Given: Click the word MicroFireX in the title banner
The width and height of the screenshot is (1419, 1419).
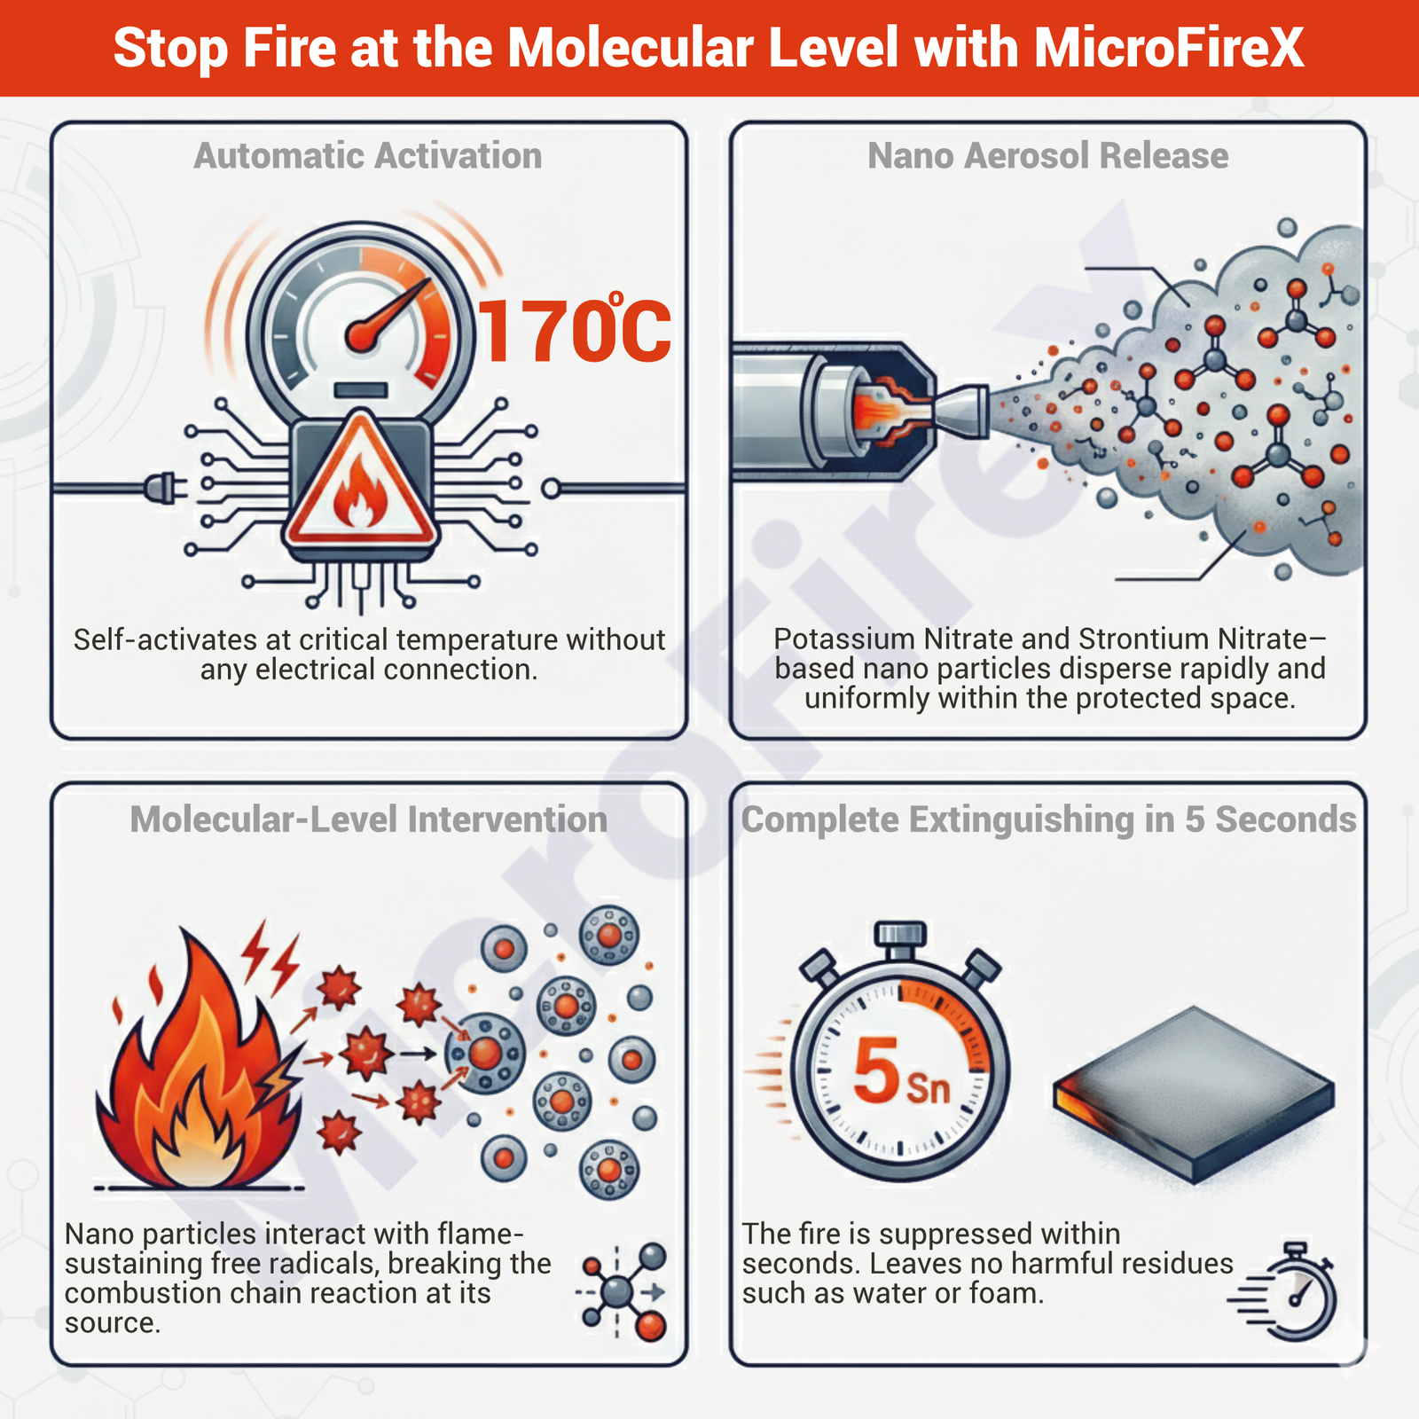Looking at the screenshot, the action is (1169, 48).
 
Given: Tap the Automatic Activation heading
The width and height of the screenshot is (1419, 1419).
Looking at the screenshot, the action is (368, 156).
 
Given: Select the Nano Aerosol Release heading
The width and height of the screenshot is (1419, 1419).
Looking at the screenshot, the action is (1048, 156).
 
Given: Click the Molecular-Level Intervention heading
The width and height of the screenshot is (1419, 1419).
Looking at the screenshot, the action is (369, 819).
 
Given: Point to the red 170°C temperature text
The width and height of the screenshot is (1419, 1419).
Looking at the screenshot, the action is (575, 330).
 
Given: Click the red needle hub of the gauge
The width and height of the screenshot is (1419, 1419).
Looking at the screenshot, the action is (362, 335).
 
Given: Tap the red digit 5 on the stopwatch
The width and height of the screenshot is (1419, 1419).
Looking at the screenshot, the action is (876, 1071).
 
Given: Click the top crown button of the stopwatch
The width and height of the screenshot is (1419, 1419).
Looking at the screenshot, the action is (900, 937).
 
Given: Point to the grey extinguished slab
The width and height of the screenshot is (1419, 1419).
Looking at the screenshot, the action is (1194, 1095).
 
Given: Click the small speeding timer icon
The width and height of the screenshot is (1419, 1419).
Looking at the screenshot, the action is (1286, 1291).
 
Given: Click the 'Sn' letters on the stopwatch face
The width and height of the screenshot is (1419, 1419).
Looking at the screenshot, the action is (929, 1087).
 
